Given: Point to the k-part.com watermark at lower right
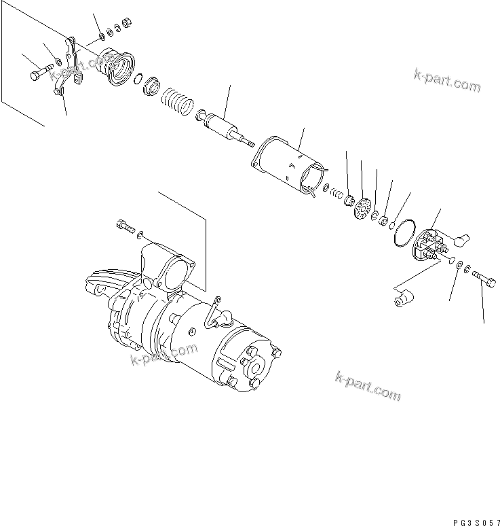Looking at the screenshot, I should point(368,386).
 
